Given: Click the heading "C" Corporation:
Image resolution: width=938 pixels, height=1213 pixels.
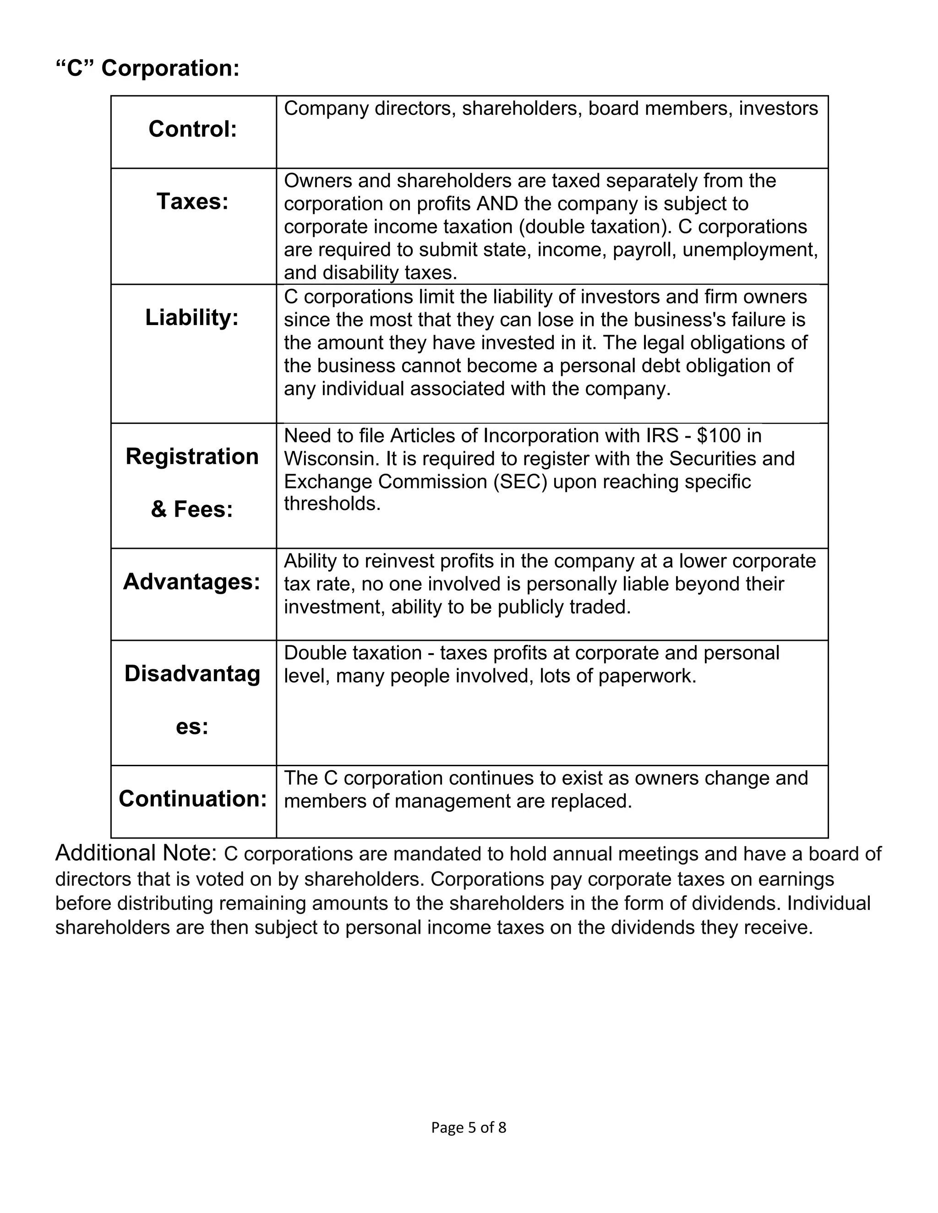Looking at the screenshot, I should [x=147, y=68].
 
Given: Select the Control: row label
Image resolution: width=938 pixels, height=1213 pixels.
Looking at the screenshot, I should [x=192, y=130].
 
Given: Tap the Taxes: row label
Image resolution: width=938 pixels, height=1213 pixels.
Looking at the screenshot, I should [x=192, y=201].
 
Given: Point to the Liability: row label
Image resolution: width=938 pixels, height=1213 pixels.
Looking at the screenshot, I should [x=192, y=318].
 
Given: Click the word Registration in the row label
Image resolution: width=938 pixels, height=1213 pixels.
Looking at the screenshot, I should [x=192, y=456].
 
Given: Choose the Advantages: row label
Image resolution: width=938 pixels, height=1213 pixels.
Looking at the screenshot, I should [x=192, y=581].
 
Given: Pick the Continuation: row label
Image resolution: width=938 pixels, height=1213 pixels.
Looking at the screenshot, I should [x=192, y=799].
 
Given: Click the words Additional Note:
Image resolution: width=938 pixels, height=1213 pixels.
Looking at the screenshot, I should [x=136, y=853].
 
